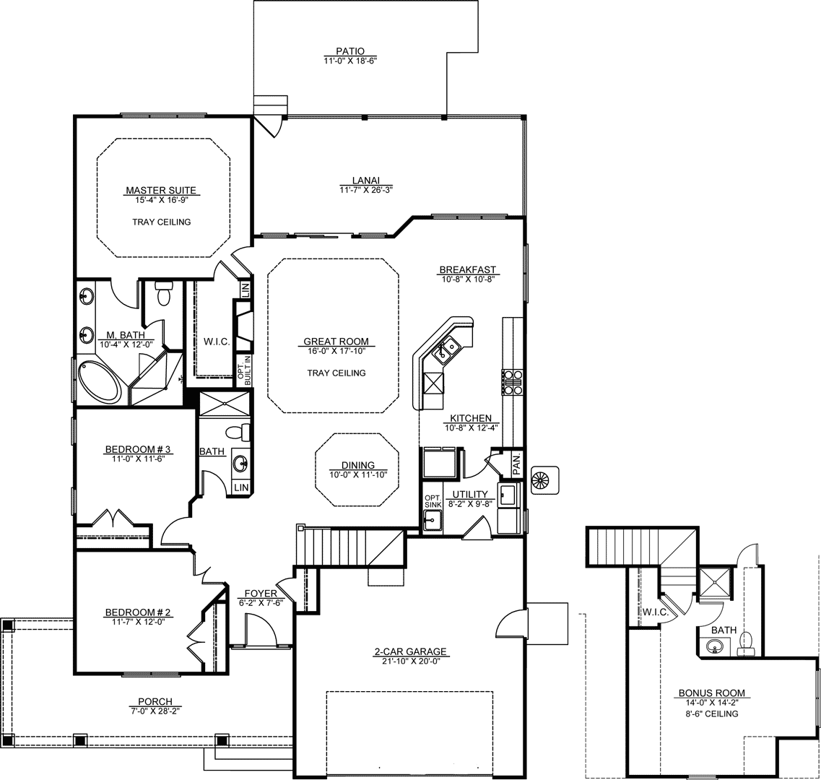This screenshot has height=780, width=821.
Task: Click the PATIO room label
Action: (350, 51)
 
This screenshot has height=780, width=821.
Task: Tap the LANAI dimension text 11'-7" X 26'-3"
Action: (366, 189)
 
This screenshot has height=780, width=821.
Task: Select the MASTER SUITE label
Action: (161, 191)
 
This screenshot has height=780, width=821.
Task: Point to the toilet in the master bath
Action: (164, 293)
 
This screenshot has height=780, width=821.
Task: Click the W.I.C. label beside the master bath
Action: (216, 342)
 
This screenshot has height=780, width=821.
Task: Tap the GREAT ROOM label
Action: (336, 342)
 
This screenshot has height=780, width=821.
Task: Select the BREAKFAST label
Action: (468, 270)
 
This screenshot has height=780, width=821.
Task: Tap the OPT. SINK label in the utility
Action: (433, 501)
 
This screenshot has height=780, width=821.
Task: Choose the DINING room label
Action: (358, 465)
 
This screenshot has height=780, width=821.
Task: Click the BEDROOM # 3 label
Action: (138, 449)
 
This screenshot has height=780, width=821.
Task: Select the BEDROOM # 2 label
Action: (138, 612)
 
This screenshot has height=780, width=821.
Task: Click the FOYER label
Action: (261, 594)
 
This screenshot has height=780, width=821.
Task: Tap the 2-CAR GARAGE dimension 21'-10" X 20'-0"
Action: (410, 661)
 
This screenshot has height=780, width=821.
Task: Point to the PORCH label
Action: (155, 702)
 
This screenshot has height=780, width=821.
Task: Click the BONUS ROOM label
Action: (711, 693)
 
